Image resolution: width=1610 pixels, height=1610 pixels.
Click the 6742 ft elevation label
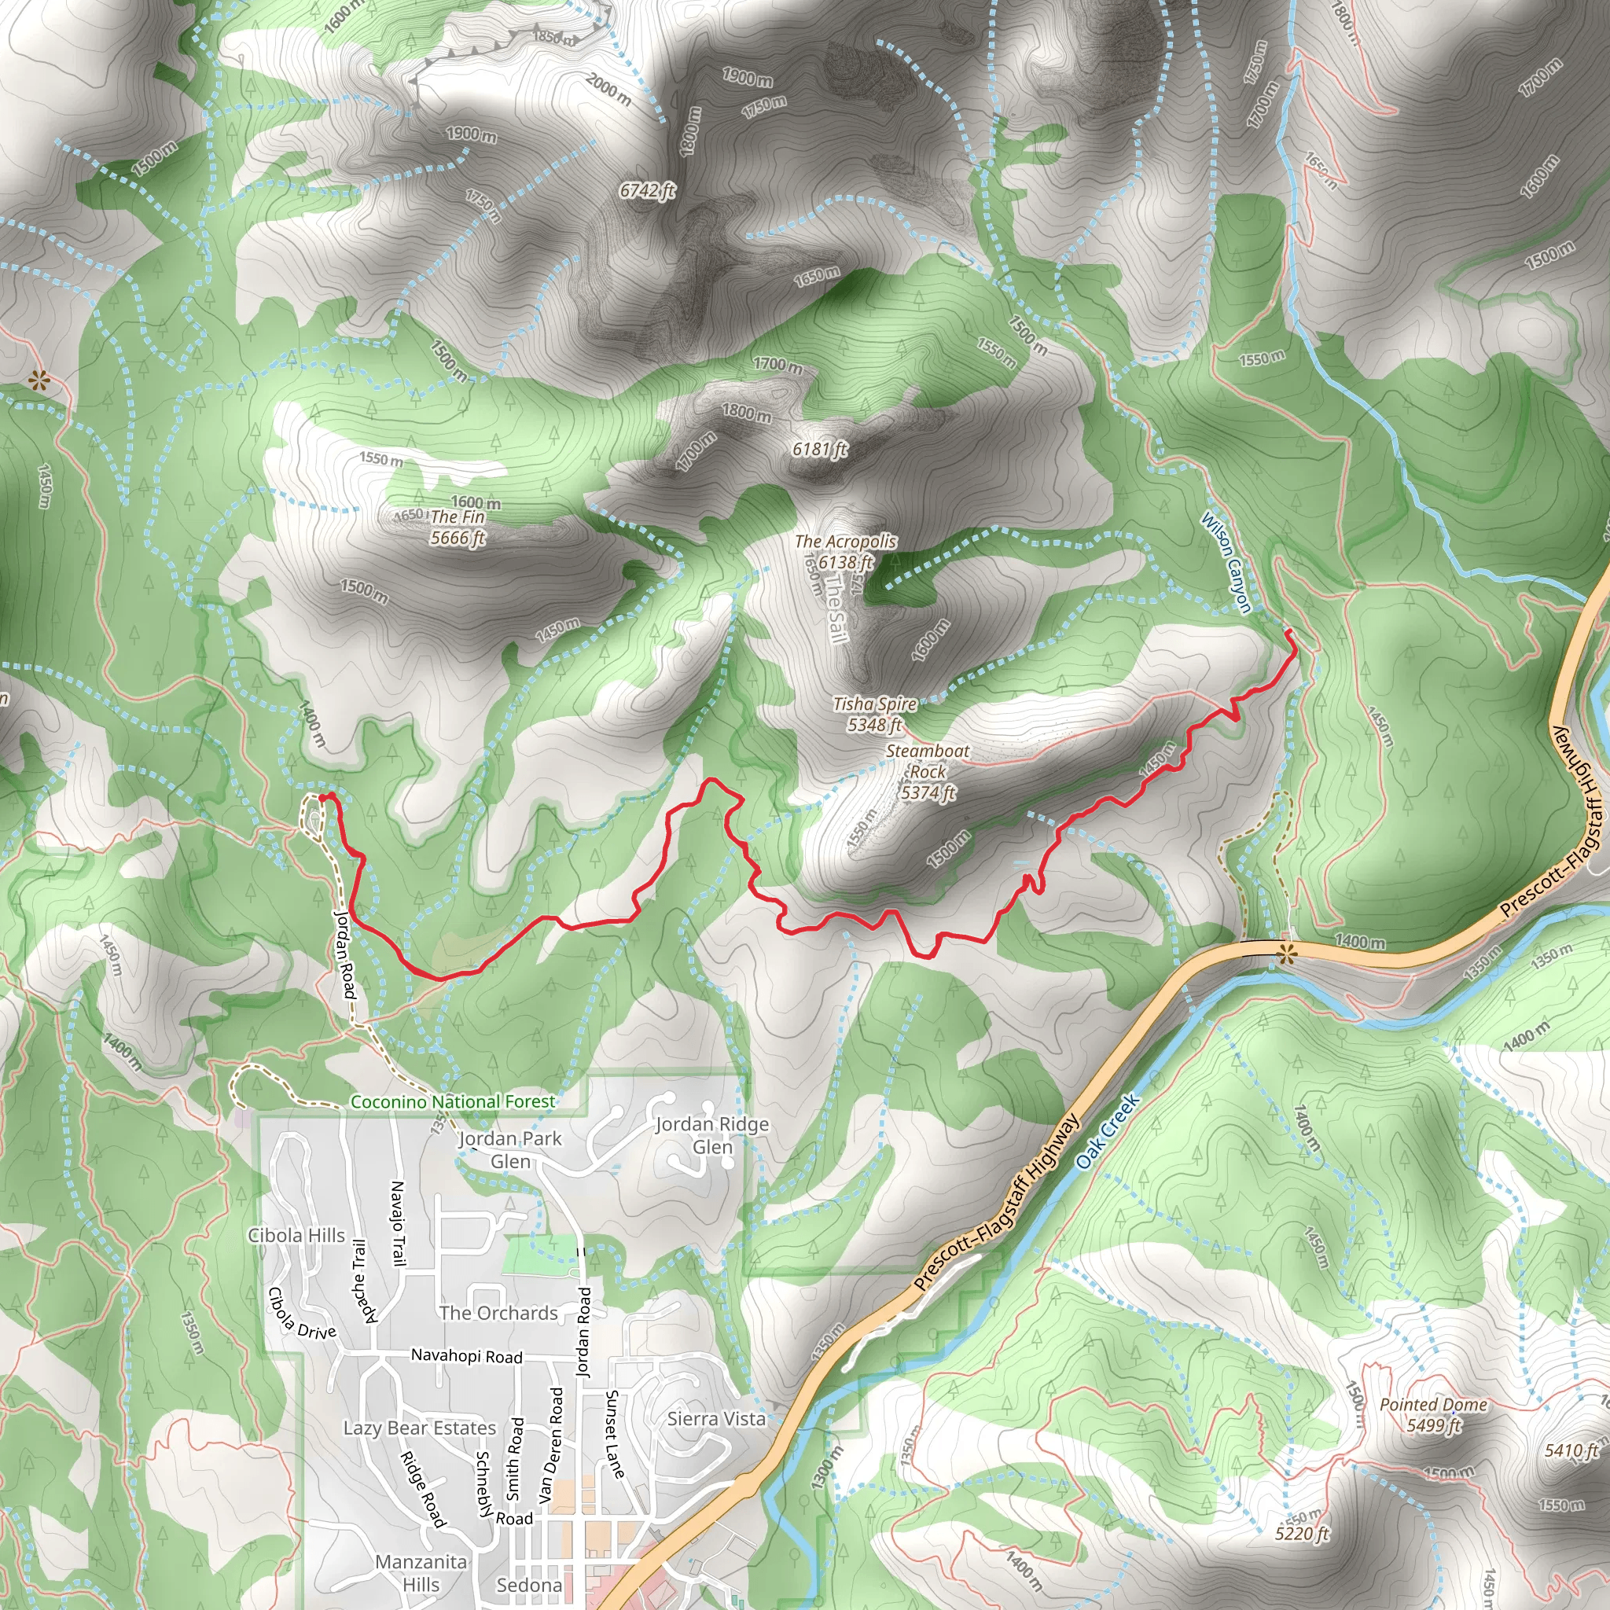(647, 192)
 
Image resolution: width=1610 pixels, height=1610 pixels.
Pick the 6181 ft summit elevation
(819, 450)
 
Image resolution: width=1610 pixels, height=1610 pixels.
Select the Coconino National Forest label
(453, 1101)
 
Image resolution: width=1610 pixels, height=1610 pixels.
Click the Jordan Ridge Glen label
(712, 1135)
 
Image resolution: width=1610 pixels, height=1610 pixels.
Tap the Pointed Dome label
(1433, 1405)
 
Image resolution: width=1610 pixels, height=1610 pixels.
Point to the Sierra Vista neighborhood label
(717, 1418)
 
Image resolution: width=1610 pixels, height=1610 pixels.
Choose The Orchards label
(498, 1313)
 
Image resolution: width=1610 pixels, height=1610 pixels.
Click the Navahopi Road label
(467, 1356)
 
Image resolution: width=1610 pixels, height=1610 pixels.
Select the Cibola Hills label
(296, 1235)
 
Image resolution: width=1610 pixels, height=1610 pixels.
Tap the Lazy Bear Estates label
(420, 1428)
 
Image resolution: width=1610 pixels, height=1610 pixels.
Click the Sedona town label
(529, 1584)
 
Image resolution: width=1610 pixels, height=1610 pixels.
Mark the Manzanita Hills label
(421, 1572)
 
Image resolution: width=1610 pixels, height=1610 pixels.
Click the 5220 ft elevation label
(1303, 1533)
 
